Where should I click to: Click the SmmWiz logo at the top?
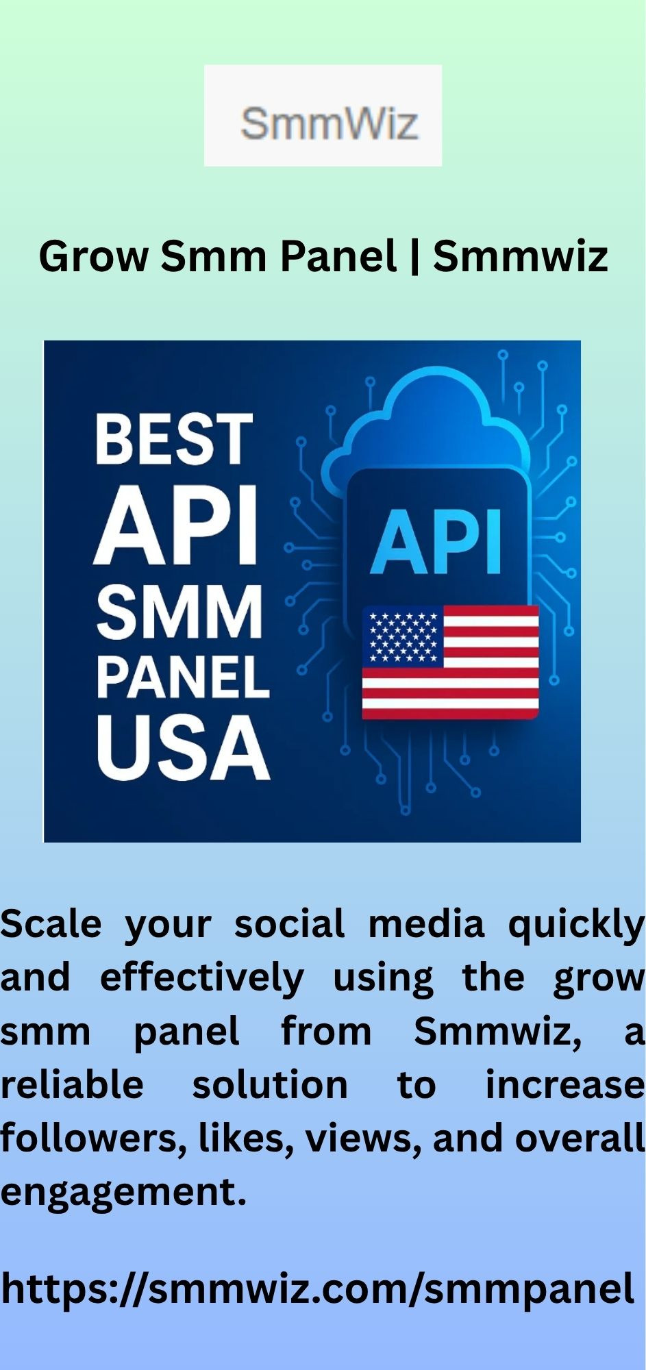coord(323,115)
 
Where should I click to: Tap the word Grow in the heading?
coord(94,257)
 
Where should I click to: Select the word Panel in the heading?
coord(338,256)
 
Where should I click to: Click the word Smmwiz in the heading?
coord(521,256)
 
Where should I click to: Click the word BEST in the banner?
coord(174,438)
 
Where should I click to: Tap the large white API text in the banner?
coord(176,525)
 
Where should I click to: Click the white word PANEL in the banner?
coord(182,677)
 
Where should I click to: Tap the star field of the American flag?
coord(403,637)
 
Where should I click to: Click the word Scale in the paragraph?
coord(51,923)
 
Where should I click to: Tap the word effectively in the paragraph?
coord(202,978)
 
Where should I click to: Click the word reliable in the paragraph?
coord(72,1085)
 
